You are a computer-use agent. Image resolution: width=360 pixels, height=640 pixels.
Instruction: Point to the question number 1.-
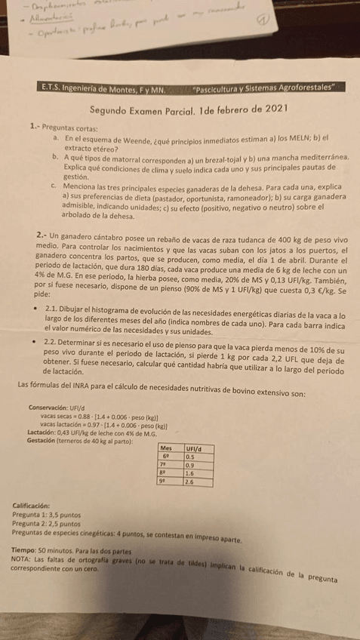click(x=35, y=127)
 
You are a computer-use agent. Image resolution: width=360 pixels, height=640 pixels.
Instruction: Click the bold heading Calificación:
click(x=32, y=506)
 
